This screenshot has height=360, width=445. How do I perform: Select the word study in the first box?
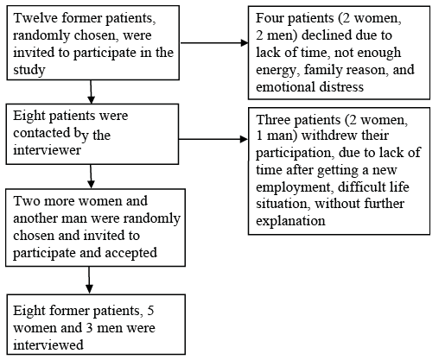pyautogui.click(x=29, y=70)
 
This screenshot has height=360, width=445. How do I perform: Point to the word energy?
pyautogui.click(x=276, y=71)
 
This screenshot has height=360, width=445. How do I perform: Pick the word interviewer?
pyautogui.click(x=47, y=150)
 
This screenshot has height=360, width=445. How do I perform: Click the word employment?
pyautogui.click(x=293, y=187)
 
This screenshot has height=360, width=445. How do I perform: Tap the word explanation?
pyautogui.click(x=290, y=221)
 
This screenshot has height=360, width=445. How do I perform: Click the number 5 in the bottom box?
pyautogui.click(x=150, y=311)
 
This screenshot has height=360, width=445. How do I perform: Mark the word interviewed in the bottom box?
pyautogui.click(x=48, y=344)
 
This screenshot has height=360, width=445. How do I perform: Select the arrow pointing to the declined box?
pyautogui.click(x=214, y=43)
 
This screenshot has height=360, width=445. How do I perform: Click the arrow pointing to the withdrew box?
pyautogui.click(x=213, y=139)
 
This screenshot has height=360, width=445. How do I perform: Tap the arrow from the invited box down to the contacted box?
pyautogui.click(x=91, y=92)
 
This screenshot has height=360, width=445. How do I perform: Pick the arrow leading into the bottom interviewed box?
pyautogui.click(x=89, y=280)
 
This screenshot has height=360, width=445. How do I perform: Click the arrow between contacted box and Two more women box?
pyautogui.click(x=91, y=176)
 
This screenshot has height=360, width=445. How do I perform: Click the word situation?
pyautogui.click(x=282, y=204)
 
